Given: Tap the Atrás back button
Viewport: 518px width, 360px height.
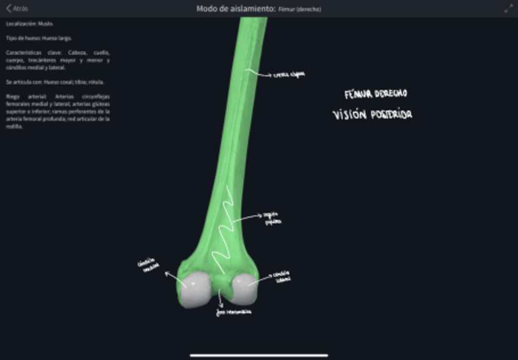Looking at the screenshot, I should [x=17, y=9].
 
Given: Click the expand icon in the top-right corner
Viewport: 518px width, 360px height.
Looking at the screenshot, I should [x=508, y=9].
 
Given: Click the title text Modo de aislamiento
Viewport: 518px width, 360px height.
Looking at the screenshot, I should [x=235, y=9].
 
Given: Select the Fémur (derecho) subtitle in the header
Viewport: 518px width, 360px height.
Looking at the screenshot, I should [x=299, y=9].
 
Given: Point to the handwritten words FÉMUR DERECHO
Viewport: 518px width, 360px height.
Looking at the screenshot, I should [x=376, y=94].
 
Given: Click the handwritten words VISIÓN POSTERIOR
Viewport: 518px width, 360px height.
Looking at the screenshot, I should [x=372, y=114].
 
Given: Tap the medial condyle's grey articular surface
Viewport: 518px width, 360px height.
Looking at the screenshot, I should [x=195, y=290].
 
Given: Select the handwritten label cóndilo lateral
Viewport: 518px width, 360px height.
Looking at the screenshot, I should [x=282, y=276].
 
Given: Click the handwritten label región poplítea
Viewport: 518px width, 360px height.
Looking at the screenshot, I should [x=272, y=218].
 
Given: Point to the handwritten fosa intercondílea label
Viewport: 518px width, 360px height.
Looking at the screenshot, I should [x=233, y=312].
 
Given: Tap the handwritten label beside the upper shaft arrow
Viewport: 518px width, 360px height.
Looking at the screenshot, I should [x=289, y=75].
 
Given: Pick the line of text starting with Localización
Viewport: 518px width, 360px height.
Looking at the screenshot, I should [x=29, y=23].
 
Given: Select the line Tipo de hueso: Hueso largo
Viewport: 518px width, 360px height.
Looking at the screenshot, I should [x=38, y=38].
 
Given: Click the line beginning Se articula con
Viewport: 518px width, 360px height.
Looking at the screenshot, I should [x=55, y=82].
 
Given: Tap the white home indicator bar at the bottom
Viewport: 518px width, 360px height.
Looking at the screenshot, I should [x=259, y=355].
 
